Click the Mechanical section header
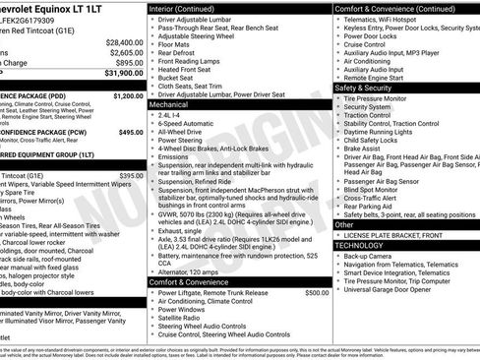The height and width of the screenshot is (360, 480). click(168, 103)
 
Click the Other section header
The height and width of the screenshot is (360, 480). click(344, 225)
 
